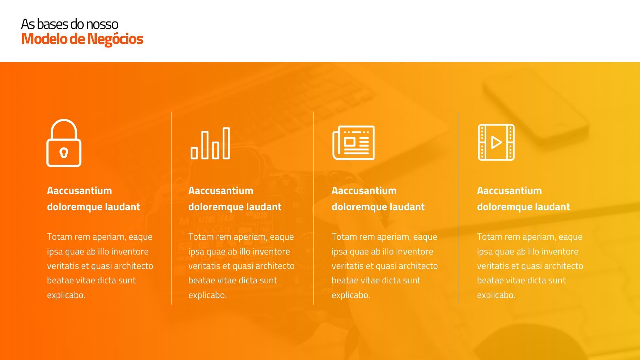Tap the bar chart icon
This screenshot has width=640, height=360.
(210, 143)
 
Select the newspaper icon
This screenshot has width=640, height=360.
(353, 143)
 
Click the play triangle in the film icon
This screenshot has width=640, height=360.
(496, 142)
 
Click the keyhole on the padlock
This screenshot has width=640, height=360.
(64, 153)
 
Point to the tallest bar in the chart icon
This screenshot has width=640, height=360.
(226, 143)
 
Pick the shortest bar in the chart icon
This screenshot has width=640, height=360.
(194, 153)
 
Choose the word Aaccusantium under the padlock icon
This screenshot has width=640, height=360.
(79, 191)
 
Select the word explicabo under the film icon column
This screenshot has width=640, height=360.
(496, 295)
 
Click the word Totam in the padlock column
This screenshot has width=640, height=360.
(59, 237)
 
